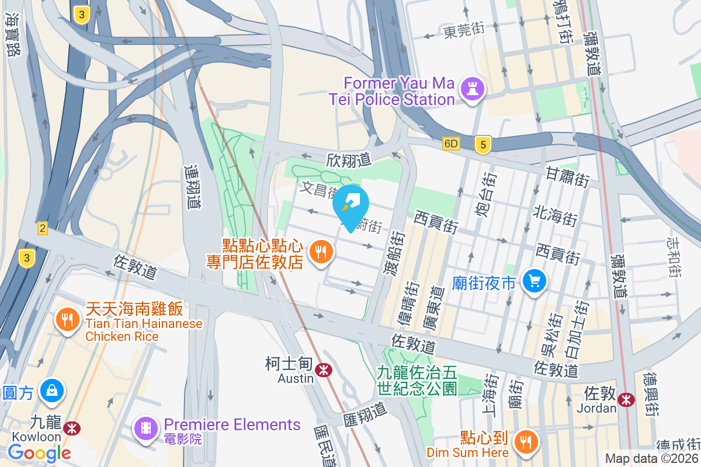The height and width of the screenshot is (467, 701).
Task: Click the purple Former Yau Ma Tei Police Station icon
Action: (470, 89)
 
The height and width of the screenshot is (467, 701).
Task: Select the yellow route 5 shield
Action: (483, 145)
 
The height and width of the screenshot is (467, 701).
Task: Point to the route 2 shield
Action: (42, 228)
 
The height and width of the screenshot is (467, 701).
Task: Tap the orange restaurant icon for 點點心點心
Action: (320, 252)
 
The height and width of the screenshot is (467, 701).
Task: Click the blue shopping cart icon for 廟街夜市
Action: (534, 281)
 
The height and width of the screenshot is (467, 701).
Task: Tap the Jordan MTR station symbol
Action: (626, 400)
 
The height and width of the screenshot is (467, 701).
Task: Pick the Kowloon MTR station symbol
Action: (72, 428)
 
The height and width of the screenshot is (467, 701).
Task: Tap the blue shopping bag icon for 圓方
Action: (53, 390)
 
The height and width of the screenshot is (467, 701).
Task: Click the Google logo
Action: (40, 452)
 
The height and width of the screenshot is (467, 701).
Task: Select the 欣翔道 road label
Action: (349, 159)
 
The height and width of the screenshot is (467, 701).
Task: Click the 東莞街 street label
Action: (464, 30)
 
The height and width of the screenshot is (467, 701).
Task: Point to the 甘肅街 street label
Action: (567, 176)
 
